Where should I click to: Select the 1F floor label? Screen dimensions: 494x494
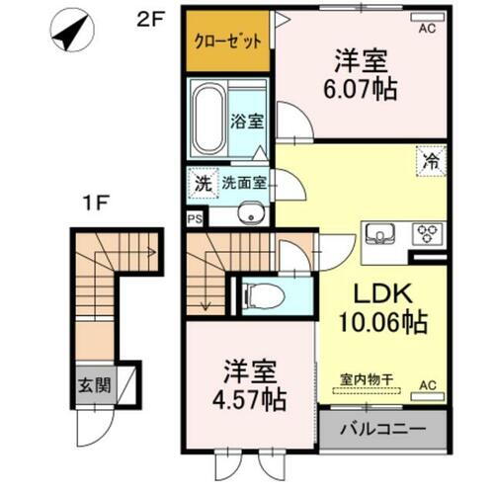pyautogui.click(x=96, y=207)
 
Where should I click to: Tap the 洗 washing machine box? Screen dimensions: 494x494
pyautogui.click(x=203, y=183)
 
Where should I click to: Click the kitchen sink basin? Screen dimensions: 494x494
pyautogui.click(x=379, y=234)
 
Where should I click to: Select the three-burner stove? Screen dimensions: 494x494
pyautogui.click(x=427, y=234)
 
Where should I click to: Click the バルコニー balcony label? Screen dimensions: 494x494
pyautogui.click(x=382, y=430)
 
